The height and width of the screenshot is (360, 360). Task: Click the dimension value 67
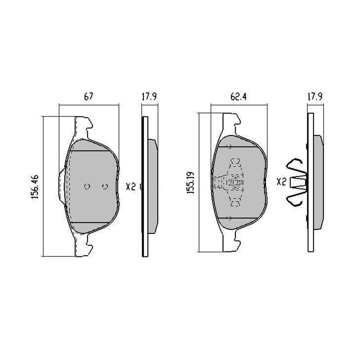click(x=88, y=97)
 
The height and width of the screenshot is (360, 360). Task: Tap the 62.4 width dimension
click(x=238, y=97)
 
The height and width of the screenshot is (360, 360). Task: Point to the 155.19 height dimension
click(x=191, y=183)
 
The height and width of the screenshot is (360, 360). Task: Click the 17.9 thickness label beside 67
click(x=149, y=97)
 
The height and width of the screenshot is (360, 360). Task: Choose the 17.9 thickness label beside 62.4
click(x=315, y=97)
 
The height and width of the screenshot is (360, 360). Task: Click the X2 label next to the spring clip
click(x=281, y=182)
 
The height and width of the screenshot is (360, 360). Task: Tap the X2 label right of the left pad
click(x=131, y=187)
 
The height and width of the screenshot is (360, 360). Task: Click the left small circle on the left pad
click(x=87, y=186)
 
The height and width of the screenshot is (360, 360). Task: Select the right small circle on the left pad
click(x=105, y=186)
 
